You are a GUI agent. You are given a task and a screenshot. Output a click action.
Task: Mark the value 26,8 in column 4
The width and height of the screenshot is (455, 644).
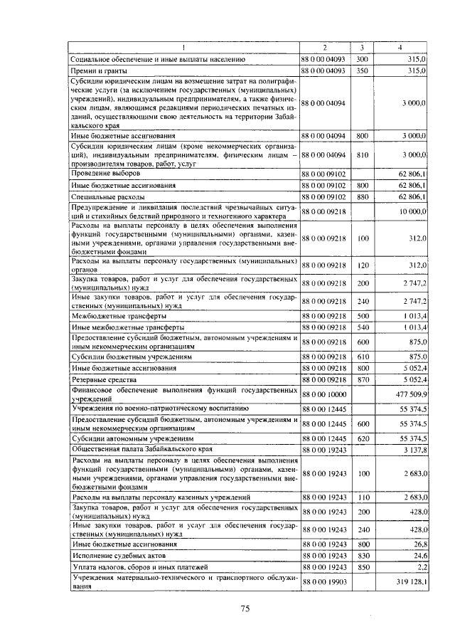click(x=419, y=543)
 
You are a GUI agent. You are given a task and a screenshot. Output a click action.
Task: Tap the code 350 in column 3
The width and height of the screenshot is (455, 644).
click(x=362, y=72)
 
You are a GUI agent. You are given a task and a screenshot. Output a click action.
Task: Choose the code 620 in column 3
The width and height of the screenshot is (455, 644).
click(x=362, y=440)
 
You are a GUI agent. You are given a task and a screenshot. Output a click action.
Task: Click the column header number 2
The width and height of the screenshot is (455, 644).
click(x=324, y=48)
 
